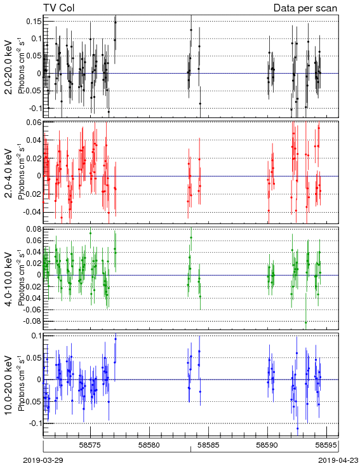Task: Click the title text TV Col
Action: (x=59, y=8)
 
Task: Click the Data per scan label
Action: (x=305, y=8)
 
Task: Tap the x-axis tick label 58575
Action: (x=90, y=445)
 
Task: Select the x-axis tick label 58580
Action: (x=149, y=445)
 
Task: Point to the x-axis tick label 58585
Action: (x=208, y=445)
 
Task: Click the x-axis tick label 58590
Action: (x=267, y=445)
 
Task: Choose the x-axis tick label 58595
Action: (x=326, y=445)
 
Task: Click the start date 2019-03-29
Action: (x=43, y=460)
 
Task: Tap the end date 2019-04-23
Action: (x=338, y=460)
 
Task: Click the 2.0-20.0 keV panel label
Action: (x=9, y=67)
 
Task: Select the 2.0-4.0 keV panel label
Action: (x=9, y=173)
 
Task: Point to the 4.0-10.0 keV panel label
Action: (x=9, y=279)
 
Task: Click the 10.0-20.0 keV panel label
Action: (x=9, y=385)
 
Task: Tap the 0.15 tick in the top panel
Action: (x=34, y=22)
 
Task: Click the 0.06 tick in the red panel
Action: (x=34, y=122)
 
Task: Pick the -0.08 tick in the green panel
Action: (x=33, y=321)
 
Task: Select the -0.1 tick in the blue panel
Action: (x=36, y=423)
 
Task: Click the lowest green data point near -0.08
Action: (x=305, y=323)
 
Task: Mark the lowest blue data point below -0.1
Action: (x=298, y=429)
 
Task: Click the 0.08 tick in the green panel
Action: (x=34, y=229)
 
